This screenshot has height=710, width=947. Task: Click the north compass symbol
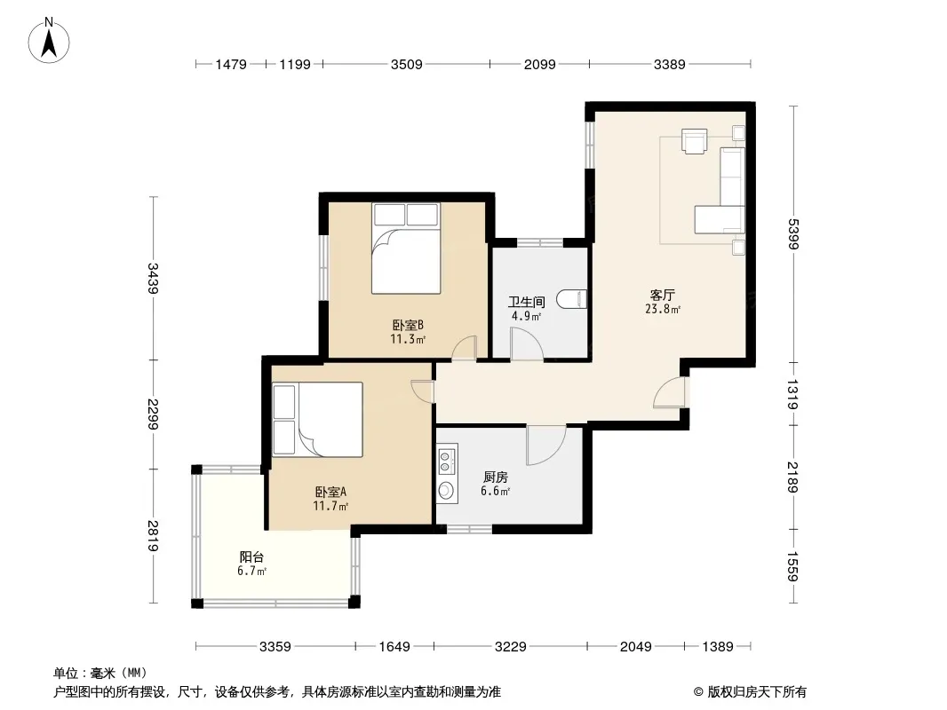(49, 41)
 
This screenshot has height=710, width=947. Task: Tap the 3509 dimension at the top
(407, 64)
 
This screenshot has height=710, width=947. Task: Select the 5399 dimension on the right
(793, 233)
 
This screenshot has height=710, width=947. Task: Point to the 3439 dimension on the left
(153, 278)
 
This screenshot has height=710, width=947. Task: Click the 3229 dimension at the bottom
(510, 647)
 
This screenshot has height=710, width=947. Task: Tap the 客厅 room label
(662, 295)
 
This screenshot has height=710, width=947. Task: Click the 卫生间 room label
(526, 302)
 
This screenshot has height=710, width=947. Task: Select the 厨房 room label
(495, 477)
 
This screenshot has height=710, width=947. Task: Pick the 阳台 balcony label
(251, 556)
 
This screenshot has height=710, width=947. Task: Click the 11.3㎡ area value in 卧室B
(408, 339)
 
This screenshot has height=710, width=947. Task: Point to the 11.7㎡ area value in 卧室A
(330, 506)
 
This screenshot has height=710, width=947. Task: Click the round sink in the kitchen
(446, 490)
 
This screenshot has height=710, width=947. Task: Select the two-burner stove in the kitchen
(447, 461)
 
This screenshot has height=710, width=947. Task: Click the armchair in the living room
(694, 141)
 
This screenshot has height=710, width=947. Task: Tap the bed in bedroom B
(406, 248)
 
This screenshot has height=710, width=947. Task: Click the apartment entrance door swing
(669, 392)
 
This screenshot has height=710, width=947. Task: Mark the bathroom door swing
(527, 344)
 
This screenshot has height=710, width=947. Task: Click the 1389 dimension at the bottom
(718, 647)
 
